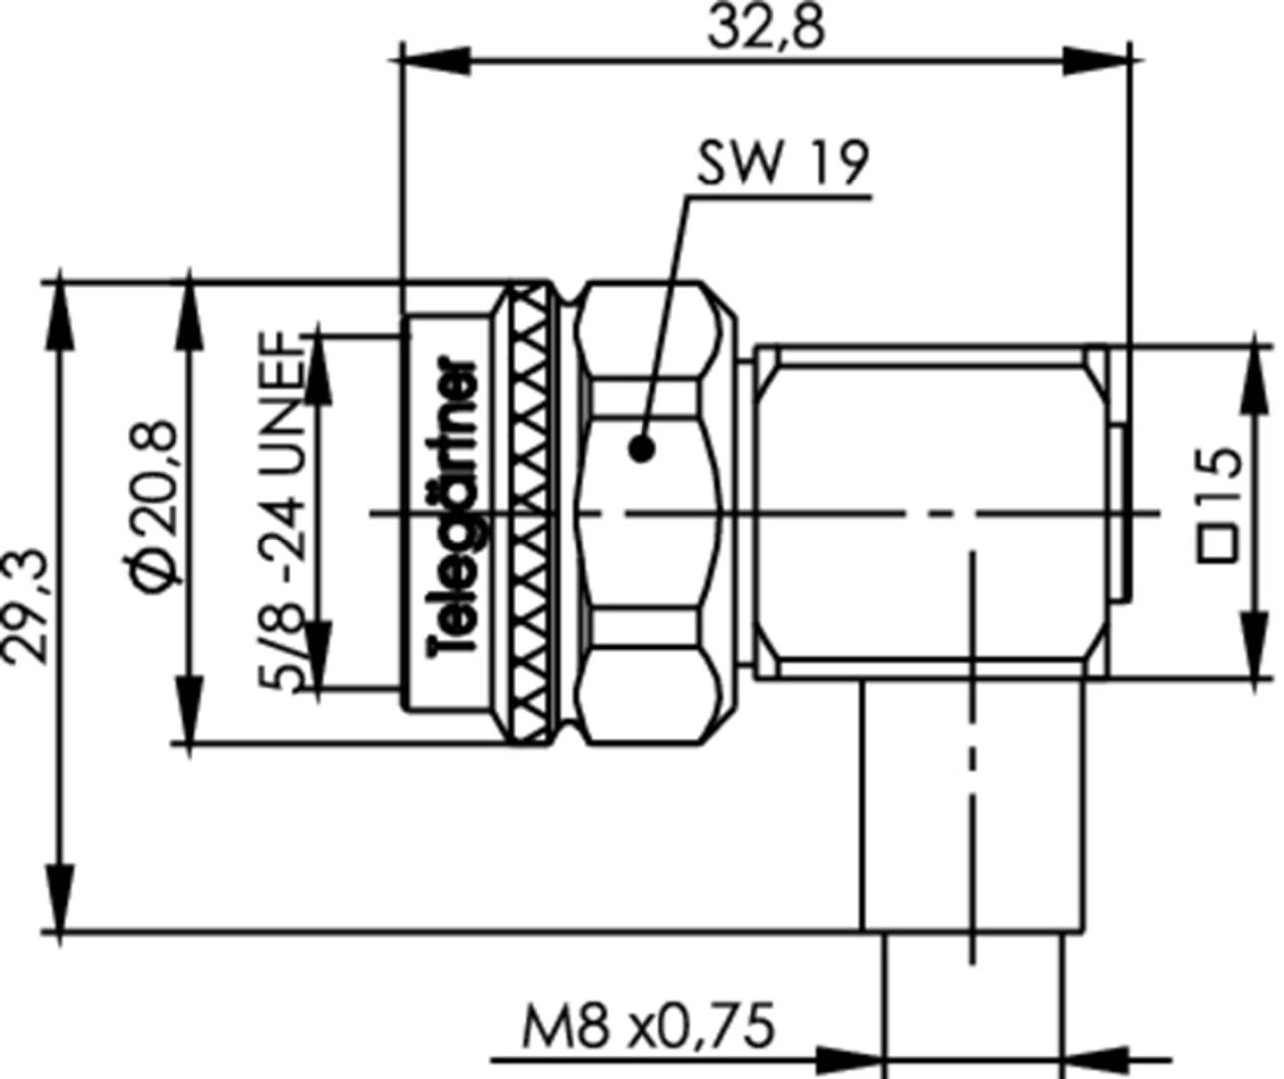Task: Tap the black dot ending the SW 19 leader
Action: (642, 449)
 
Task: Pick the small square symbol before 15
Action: (1219, 543)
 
